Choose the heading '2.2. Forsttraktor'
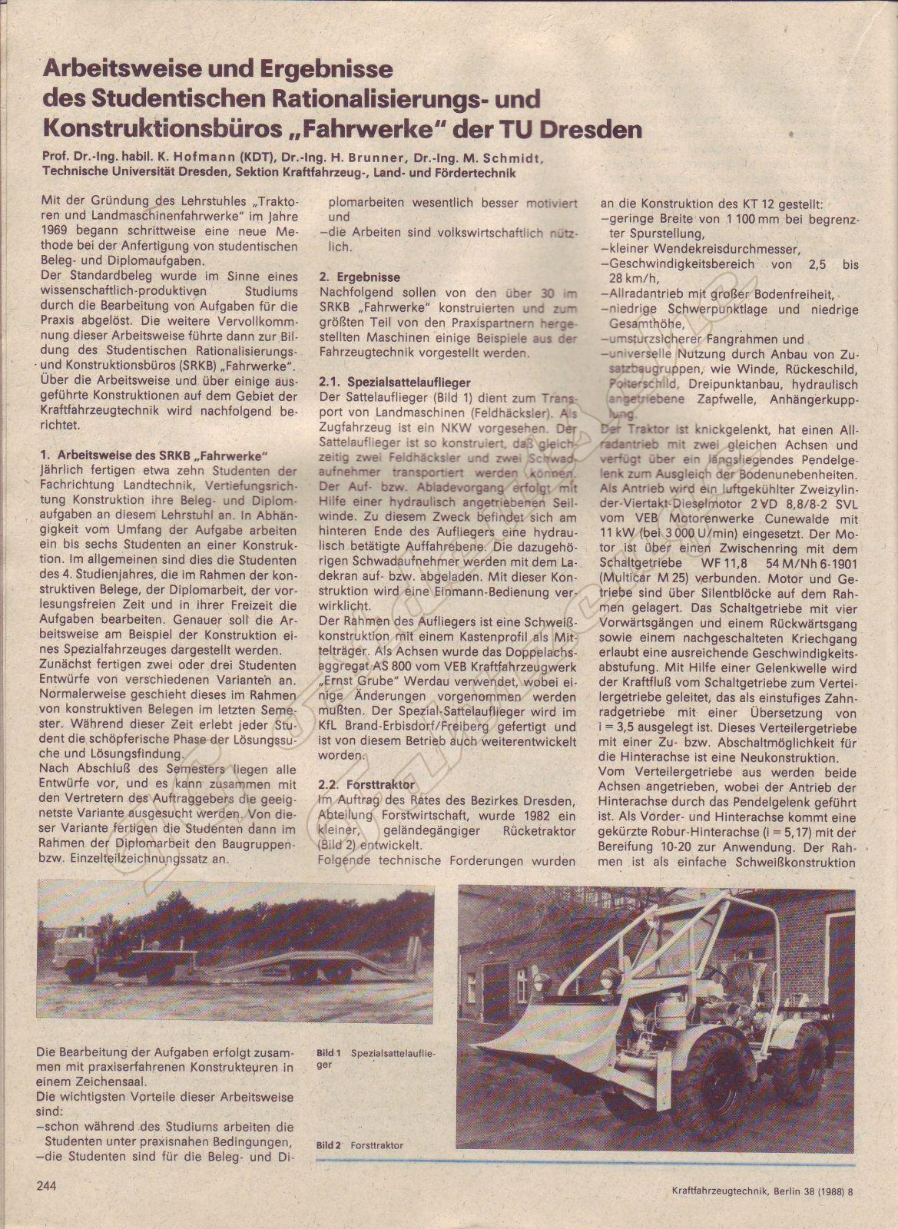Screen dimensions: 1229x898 point(366,784)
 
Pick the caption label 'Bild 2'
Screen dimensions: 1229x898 point(329,1145)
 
